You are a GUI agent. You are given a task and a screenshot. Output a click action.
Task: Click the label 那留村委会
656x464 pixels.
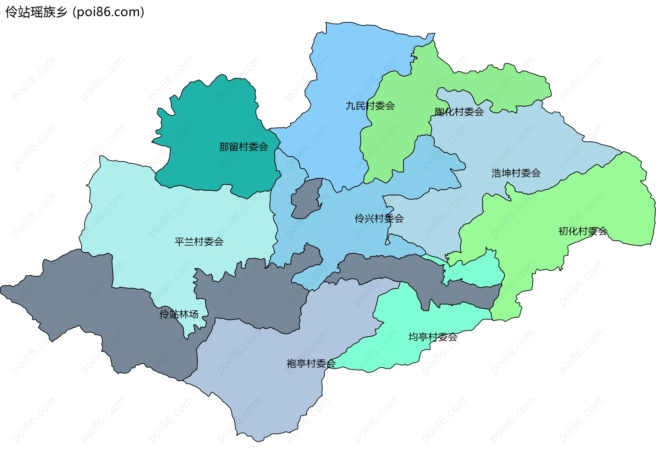[243, 147]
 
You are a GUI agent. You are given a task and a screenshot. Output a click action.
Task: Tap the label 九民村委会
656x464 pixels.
[370, 106]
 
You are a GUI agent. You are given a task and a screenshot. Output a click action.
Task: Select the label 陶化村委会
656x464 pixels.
[459, 112]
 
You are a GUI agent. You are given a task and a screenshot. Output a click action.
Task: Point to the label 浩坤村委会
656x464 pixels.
[516, 173]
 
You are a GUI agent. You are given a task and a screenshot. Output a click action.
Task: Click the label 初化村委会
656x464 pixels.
[583, 231]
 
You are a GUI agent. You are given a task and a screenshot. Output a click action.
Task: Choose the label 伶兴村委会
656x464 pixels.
[379, 219]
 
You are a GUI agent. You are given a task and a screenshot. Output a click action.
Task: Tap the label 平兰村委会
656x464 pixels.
[199, 242]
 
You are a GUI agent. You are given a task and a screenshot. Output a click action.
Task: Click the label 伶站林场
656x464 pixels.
[179, 314]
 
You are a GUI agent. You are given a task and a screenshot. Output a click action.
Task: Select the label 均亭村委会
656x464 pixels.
[433, 337]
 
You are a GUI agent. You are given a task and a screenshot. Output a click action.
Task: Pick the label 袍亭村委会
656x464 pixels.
[311, 364]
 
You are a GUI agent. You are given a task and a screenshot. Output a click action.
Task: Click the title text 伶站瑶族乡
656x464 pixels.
[36, 12]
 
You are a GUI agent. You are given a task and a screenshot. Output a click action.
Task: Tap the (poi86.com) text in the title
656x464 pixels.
[108, 12]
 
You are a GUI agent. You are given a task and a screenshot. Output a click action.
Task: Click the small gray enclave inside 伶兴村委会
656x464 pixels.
[306, 200]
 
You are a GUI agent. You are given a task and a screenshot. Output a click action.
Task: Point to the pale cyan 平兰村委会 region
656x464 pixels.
[154, 212]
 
